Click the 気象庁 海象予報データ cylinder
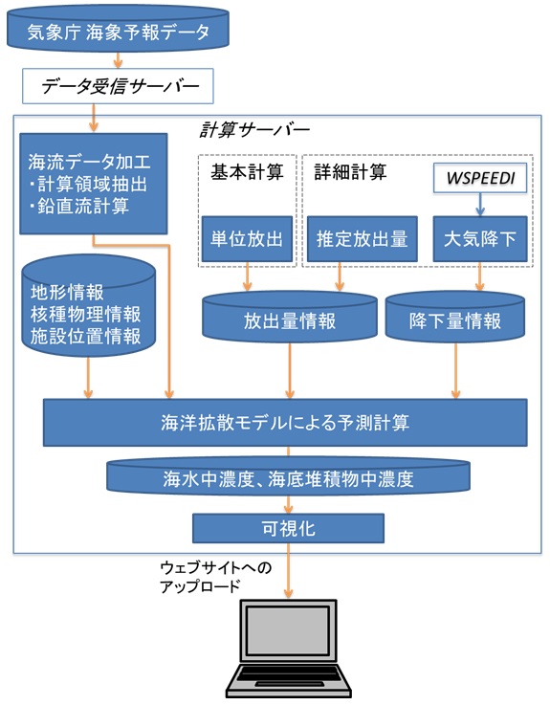point(118,30)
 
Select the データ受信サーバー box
point(118,86)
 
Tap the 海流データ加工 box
point(94,184)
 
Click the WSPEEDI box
point(480,178)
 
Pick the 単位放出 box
point(247,239)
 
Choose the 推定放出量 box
point(362,239)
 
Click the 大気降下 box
point(480,239)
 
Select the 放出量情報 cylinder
point(290,317)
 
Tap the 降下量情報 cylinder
point(455,317)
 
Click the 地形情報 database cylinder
point(89,306)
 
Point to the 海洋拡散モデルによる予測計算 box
point(285,422)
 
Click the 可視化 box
point(288,528)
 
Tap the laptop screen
point(288,630)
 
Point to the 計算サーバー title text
point(254,129)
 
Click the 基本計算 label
point(247,172)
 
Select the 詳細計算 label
point(350,172)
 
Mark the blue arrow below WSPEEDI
point(480,205)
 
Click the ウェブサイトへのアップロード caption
point(216,577)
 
